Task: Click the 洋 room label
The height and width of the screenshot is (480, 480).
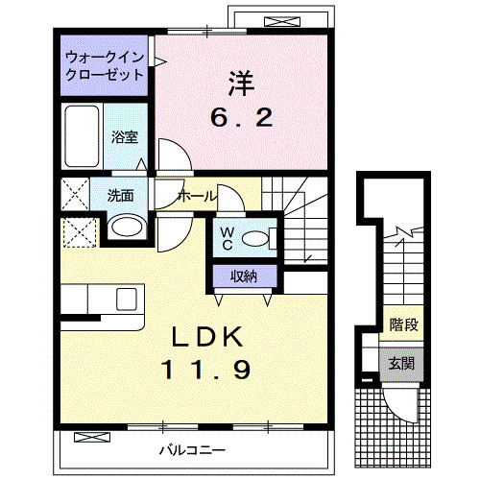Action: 243,84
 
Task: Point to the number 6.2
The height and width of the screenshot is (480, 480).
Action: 243,119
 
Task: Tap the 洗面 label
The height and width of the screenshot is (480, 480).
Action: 120,196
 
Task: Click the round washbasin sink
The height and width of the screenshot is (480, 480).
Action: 125,227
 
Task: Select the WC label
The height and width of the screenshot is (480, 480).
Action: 227,236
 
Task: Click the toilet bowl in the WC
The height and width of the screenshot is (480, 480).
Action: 257,238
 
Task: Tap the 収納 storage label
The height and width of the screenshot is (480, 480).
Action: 243,276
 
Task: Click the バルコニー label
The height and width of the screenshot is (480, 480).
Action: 193,449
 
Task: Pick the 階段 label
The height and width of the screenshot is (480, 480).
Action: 402,325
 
